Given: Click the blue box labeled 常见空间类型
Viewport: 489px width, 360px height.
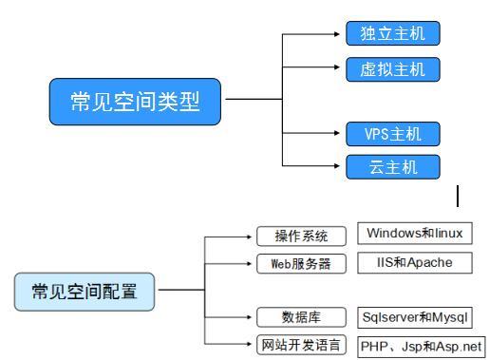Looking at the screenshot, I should (137, 101).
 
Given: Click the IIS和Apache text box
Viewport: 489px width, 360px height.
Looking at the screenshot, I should (415, 262).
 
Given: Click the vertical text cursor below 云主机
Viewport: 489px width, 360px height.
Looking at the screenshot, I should (458, 197).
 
